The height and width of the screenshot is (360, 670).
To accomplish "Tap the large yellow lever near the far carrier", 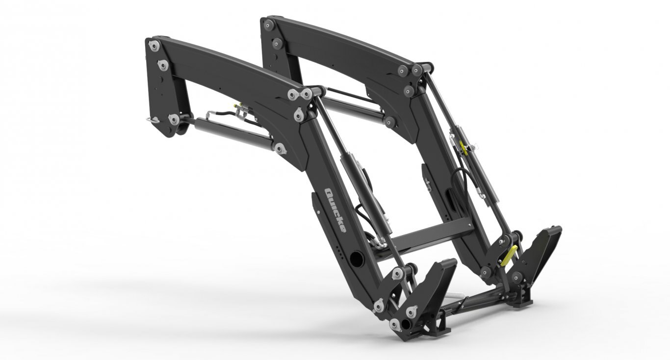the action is pos(508,256).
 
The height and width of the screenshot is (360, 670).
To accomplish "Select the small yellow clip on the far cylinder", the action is pos(464,148).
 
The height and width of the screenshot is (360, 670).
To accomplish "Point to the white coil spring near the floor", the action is pos(454,295).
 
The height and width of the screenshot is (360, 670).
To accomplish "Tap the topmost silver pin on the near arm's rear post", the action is pos(154,46).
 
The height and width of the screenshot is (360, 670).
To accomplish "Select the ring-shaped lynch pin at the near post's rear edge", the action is pos(153,120).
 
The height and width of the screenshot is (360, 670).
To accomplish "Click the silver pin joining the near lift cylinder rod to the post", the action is pos(174,119).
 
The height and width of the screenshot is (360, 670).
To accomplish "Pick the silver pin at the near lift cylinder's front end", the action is pos(280,149).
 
